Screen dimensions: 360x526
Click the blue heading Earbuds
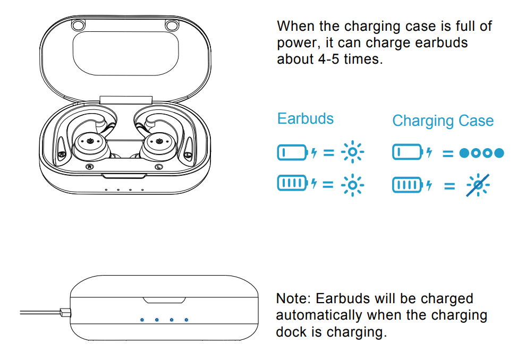coord(306,118)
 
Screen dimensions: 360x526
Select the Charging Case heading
coord(443,121)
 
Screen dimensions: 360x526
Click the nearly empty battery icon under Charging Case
coord(407,153)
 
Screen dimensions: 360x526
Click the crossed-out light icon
coord(478,185)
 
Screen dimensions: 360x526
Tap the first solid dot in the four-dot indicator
coord(464,153)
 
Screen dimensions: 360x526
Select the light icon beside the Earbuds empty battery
coord(352,153)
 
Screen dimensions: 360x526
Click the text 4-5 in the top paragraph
coord(330,58)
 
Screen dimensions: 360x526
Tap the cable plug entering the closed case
coord(65,312)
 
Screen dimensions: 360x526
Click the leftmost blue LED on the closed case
coord(142,320)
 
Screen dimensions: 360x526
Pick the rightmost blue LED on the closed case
coord(186,320)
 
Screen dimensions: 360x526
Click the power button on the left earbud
coord(89,142)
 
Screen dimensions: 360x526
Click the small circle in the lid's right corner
coord(171,25)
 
